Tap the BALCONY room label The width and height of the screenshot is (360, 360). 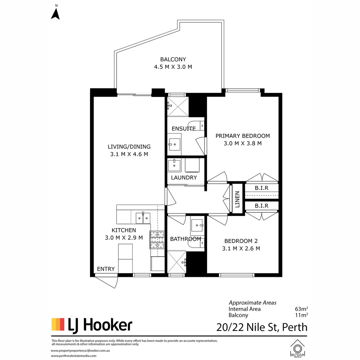click(173, 59)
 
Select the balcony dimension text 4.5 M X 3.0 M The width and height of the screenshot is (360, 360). click(173, 67)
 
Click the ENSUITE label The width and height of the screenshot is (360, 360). click(184, 129)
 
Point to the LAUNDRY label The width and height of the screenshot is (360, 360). click(184, 177)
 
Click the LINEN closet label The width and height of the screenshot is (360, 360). click(237, 199)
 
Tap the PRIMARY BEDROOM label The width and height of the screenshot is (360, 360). click(243, 136)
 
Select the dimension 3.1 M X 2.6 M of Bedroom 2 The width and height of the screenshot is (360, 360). click(241, 248)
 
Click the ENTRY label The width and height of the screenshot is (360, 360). click(106, 269)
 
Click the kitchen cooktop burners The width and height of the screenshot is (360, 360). click(157, 240)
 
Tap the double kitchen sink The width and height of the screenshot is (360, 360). click(143, 218)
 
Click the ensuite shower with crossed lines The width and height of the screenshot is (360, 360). click(178, 107)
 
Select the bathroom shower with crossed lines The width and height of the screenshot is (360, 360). click(177, 262)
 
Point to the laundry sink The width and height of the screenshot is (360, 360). click(174, 165)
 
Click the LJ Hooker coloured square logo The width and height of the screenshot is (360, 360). click(58, 324)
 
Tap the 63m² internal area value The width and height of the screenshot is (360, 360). click(301, 309)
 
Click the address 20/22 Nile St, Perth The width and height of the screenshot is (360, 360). click(262, 327)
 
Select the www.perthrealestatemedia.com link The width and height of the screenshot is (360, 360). click(74, 356)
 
